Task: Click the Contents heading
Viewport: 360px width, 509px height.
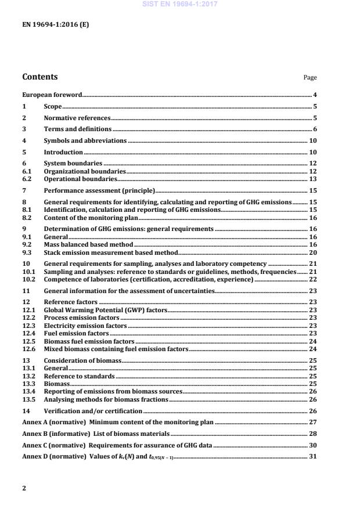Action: click(39, 77)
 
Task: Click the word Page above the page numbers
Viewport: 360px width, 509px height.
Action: click(311, 78)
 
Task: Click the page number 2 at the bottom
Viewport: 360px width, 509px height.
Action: click(24, 488)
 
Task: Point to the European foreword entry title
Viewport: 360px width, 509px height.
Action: click(52, 95)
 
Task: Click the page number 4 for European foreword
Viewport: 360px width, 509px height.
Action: click(315, 95)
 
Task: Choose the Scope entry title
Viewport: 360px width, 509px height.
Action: click(53, 107)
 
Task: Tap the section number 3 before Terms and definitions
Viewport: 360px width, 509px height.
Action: click(24, 129)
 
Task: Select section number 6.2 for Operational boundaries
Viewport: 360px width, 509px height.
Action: click(26, 179)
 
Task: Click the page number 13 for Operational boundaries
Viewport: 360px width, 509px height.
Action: click(313, 179)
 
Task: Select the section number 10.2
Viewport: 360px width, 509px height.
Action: click(28, 280)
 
